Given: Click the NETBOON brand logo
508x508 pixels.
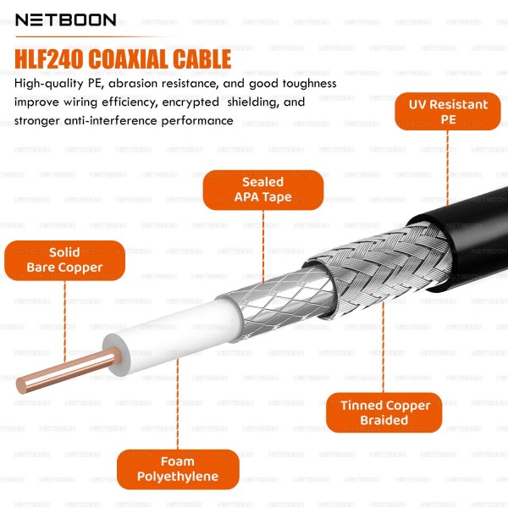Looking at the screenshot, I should pyautogui.click(x=65, y=19).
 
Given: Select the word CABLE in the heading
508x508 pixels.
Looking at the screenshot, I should pyautogui.click(x=202, y=59).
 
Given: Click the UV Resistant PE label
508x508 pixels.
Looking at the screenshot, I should pyautogui.click(x=448, y=113).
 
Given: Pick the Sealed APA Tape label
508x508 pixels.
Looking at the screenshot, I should pyautogui.click(x=262, y=190).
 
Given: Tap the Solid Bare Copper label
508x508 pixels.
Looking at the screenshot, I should pyautogui.click(x=64, y=260).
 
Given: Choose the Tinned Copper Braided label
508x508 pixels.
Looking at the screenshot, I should pyautogui.click(x=385, y=412).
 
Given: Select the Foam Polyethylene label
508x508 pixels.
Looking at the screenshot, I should pyautogui.click(x=178, y=469).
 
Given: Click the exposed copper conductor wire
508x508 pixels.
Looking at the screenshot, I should pyautogui.click(x=59, y=371).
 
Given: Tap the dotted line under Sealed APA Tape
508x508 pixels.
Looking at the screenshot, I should pyautogui.click(x=263, y=246).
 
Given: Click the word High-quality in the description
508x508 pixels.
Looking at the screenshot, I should pyautogui.click(x=50, y=83).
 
